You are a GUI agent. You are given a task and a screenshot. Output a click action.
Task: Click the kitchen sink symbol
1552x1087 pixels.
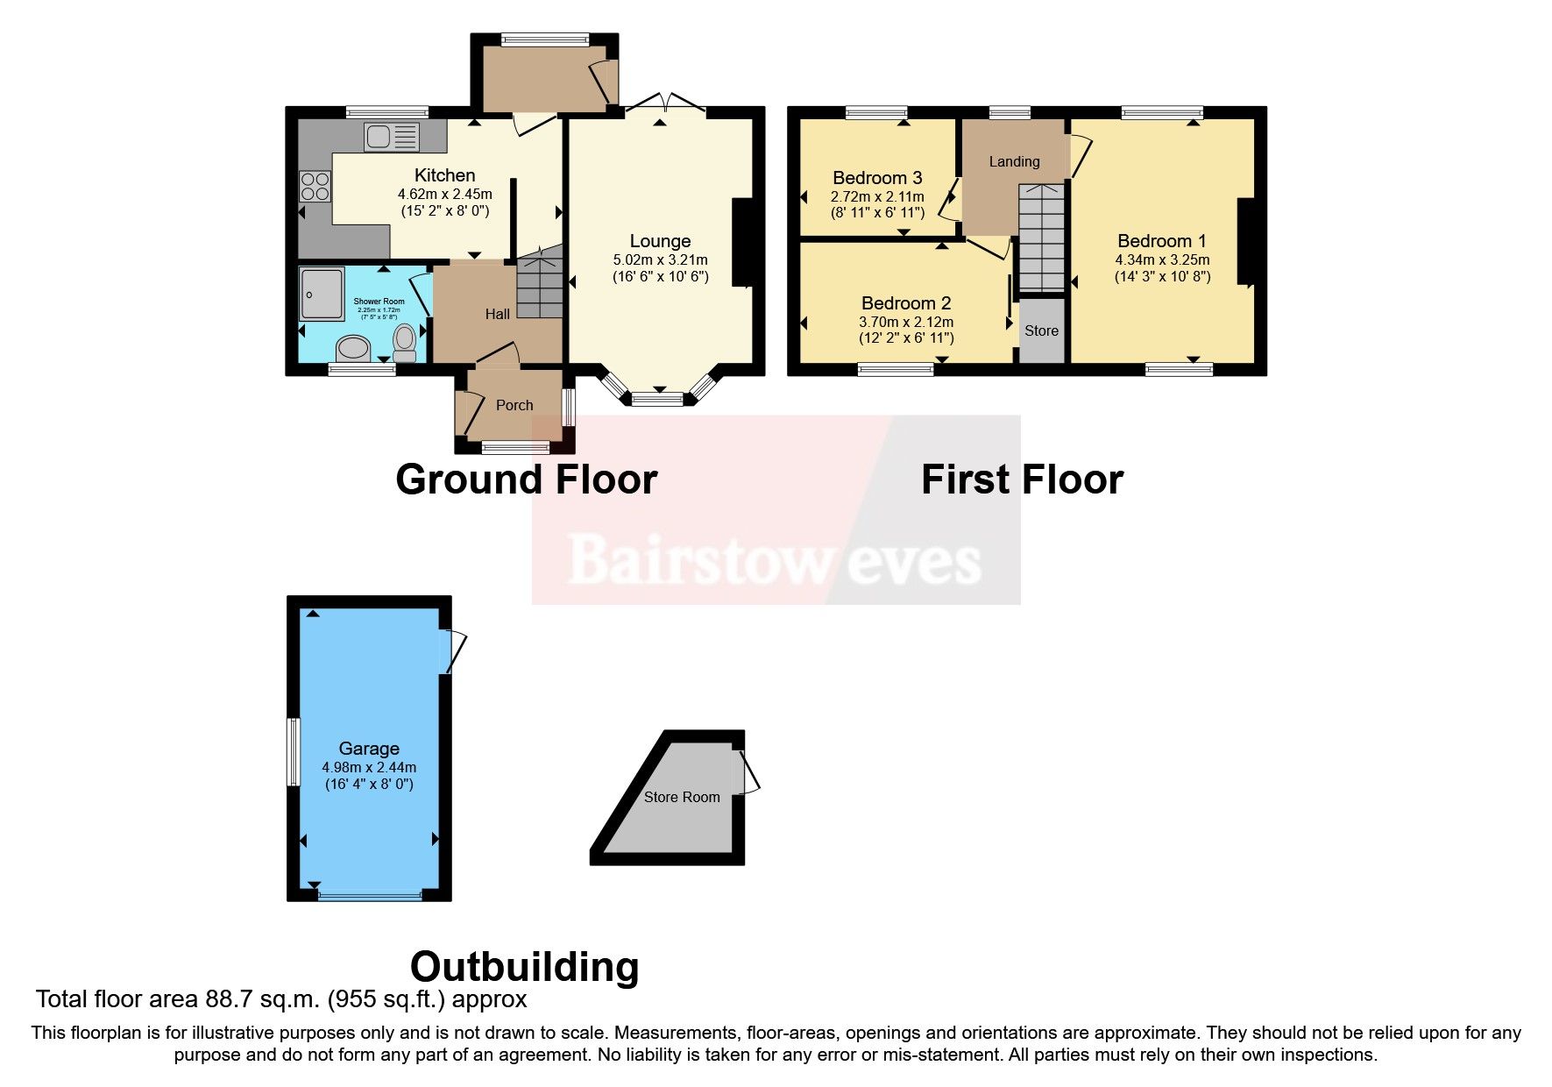pos(392,137)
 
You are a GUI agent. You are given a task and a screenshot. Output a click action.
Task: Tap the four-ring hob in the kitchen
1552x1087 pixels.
pos(315,187)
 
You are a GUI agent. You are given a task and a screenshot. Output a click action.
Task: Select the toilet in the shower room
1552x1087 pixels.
pos(405,343)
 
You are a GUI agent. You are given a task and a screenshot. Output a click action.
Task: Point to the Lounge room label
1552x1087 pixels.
pos(660,241)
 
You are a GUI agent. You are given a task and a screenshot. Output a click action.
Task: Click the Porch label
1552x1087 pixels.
pos(514,405)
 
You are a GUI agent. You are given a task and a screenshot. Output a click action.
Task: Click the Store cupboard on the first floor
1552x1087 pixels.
pos(1041,330)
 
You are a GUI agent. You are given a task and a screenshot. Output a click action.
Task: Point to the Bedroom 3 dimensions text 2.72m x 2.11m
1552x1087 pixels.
pos(876,196)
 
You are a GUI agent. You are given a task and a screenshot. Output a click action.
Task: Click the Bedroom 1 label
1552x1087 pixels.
pos(1162,241)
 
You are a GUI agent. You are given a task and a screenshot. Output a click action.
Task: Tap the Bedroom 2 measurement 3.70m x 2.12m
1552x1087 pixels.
pos(906,322)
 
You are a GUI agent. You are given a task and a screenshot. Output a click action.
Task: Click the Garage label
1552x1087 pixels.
pos(369,749)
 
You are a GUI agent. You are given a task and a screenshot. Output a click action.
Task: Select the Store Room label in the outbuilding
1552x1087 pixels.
pos(682,797)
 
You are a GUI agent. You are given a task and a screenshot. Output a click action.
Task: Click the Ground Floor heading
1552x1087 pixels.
pos(526,480)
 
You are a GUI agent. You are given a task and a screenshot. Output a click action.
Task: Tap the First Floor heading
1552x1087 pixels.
pos(1022,480)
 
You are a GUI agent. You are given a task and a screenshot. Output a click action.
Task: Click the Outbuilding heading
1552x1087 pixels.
pos(524,967)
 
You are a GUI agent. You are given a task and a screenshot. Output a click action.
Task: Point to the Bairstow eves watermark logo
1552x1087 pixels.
pos(775,560)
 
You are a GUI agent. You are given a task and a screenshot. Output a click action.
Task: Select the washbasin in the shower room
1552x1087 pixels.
pos(354,348)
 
